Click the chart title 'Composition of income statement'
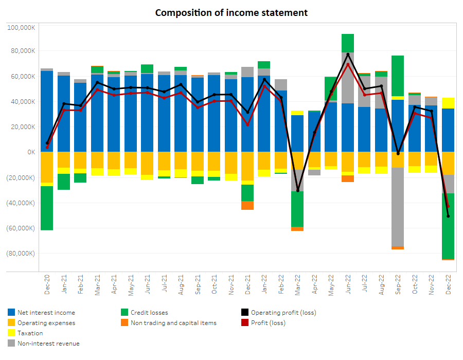click(232, 12)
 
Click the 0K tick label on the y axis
click(30, 152)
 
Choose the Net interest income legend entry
click(46, 313)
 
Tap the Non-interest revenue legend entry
click(48, 344)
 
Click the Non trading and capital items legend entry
click(173, 323)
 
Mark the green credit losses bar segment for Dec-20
click(47, 208)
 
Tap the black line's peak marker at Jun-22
click(348, 54)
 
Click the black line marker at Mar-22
click(298, 191)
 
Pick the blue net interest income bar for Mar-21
click(97, 113)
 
